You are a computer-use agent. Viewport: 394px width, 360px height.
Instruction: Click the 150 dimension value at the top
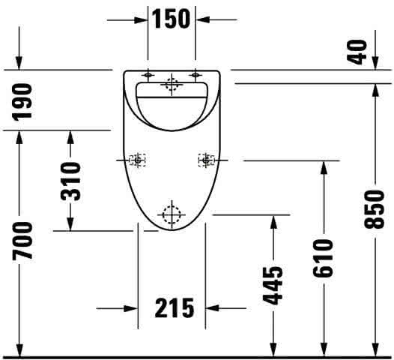172,19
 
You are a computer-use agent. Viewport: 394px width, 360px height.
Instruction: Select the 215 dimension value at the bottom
175,307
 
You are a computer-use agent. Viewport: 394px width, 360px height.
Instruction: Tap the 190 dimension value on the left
22,102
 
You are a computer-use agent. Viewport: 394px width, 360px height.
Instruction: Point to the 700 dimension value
22,241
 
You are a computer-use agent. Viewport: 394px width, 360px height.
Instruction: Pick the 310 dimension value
70,181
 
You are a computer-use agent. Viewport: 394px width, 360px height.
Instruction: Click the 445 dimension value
273,285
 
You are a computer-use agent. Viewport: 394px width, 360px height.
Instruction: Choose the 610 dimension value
323,258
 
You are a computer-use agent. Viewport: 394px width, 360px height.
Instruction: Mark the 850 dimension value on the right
375,209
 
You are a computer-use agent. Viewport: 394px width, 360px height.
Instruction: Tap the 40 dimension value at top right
357,52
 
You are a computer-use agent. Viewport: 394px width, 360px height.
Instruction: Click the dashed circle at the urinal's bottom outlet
172,214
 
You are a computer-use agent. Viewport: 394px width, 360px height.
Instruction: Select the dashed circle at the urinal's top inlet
172,84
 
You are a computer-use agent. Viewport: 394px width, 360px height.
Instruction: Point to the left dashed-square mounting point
137,160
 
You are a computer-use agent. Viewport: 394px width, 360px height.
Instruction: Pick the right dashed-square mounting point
207,160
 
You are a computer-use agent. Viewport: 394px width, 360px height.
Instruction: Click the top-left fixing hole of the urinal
148,75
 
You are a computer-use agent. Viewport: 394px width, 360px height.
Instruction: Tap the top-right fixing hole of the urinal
196,75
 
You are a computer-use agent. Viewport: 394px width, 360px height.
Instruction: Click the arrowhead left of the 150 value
141,19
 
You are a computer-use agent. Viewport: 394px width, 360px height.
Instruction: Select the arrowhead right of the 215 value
212,308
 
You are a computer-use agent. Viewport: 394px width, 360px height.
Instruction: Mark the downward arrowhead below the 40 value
375,63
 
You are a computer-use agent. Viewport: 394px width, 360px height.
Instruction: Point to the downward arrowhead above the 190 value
19,63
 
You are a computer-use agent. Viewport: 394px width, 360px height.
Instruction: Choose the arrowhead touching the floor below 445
273,349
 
